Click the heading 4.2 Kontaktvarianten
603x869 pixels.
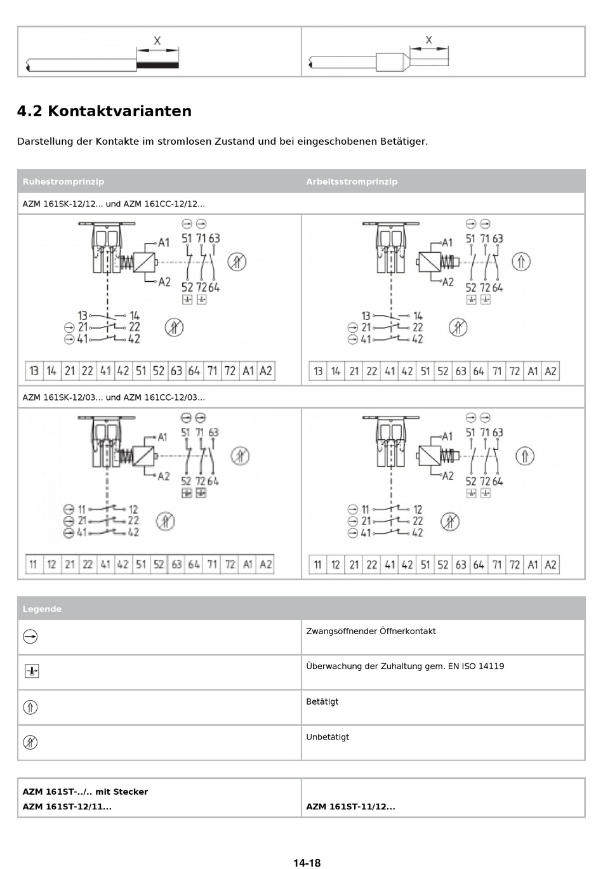pyautogui.click(x=104, y=111)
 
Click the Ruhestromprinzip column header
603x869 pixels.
pyautogui.click(x=63, y=182)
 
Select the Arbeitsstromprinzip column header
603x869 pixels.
pyautogui.click(x=352, y=182)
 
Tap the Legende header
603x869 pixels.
pyautogui.click(x=42, y=609)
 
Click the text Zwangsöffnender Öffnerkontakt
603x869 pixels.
pyautogui.click(x=371, y=631)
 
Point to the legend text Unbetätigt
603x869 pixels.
pyautogui.click(x=328, y=737)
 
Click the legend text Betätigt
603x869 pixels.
pyautogui.click(x=322, y=701)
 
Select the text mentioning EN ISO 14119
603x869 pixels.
pyautogui.click(x=405, y=666)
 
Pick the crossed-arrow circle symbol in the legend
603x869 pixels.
pyautogui.click(x=30, y=742)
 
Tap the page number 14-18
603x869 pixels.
pyautogui.click(x=307, y=863)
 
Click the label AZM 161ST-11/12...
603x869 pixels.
pyautogui.click(x=350, y=807)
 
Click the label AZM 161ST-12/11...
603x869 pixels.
pyautogui.click(x=67, y=807)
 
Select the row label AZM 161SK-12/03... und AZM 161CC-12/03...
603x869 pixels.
pyautogui.click(x=114, y=397)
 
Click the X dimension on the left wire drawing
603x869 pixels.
pyautogui.click(x=157, y=41)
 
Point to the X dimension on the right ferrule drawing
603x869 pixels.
pyautogui.click(x=428, y=40)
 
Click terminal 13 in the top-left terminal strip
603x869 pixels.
pyautogui.click(x=34, y=371)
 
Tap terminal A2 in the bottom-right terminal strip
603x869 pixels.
pyautogui.click(x=550, y=564)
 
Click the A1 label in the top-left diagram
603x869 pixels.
pyautogui.click(x=164, y=242)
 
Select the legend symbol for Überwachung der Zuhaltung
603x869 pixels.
pyautogui.click(x=32, y=671)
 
